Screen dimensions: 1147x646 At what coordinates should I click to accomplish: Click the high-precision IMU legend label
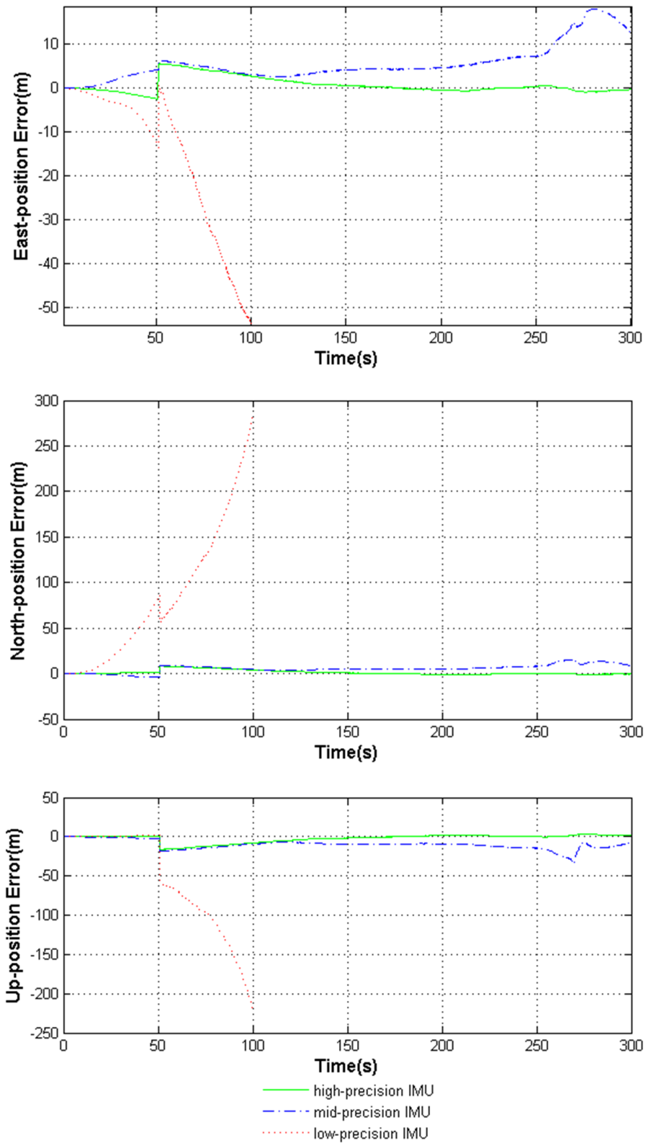click(373, 1090)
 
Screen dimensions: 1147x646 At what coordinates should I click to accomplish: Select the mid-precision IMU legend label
click(372, 1112)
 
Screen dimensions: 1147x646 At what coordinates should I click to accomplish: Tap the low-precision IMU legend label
click(371, 1133)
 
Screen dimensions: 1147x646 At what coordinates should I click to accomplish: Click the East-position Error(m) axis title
click(21, 166)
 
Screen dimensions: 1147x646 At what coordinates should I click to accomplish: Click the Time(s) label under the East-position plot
click(346, 358)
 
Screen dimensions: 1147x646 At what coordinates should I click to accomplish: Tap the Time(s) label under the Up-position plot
click(346, 1066)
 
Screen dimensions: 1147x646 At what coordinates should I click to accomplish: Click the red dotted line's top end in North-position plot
click(253, 415)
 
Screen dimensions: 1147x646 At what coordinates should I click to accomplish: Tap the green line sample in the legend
click(286, 1090)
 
